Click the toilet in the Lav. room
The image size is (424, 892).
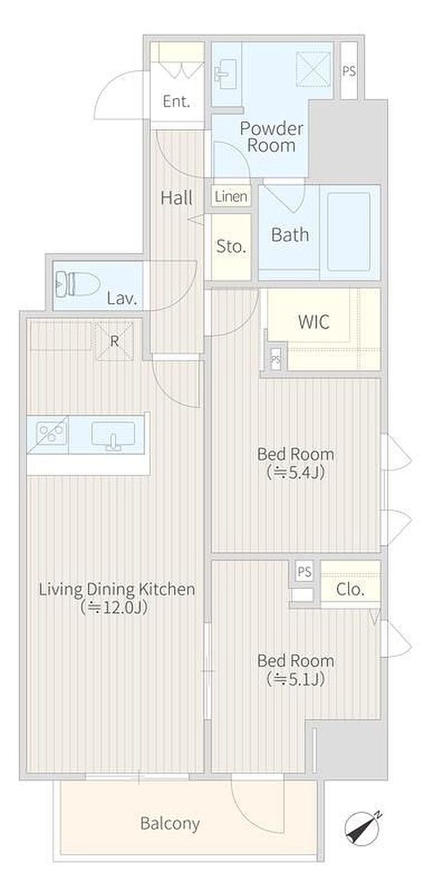78,284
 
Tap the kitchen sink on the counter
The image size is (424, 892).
113,435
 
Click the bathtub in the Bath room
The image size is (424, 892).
349,232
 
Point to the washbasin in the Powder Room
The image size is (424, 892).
226,74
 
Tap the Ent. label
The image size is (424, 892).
176,102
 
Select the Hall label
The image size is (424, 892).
177,197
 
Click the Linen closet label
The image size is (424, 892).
231,196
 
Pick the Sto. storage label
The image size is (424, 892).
231,246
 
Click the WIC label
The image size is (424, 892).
314,322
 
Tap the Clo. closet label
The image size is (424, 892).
350,589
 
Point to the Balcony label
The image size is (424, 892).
170,823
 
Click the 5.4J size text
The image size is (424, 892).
296,472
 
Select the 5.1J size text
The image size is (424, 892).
296,679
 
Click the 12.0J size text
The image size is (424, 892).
114,607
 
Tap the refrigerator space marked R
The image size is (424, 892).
114,341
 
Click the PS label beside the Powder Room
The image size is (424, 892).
349,71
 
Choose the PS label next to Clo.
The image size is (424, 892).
305,572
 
